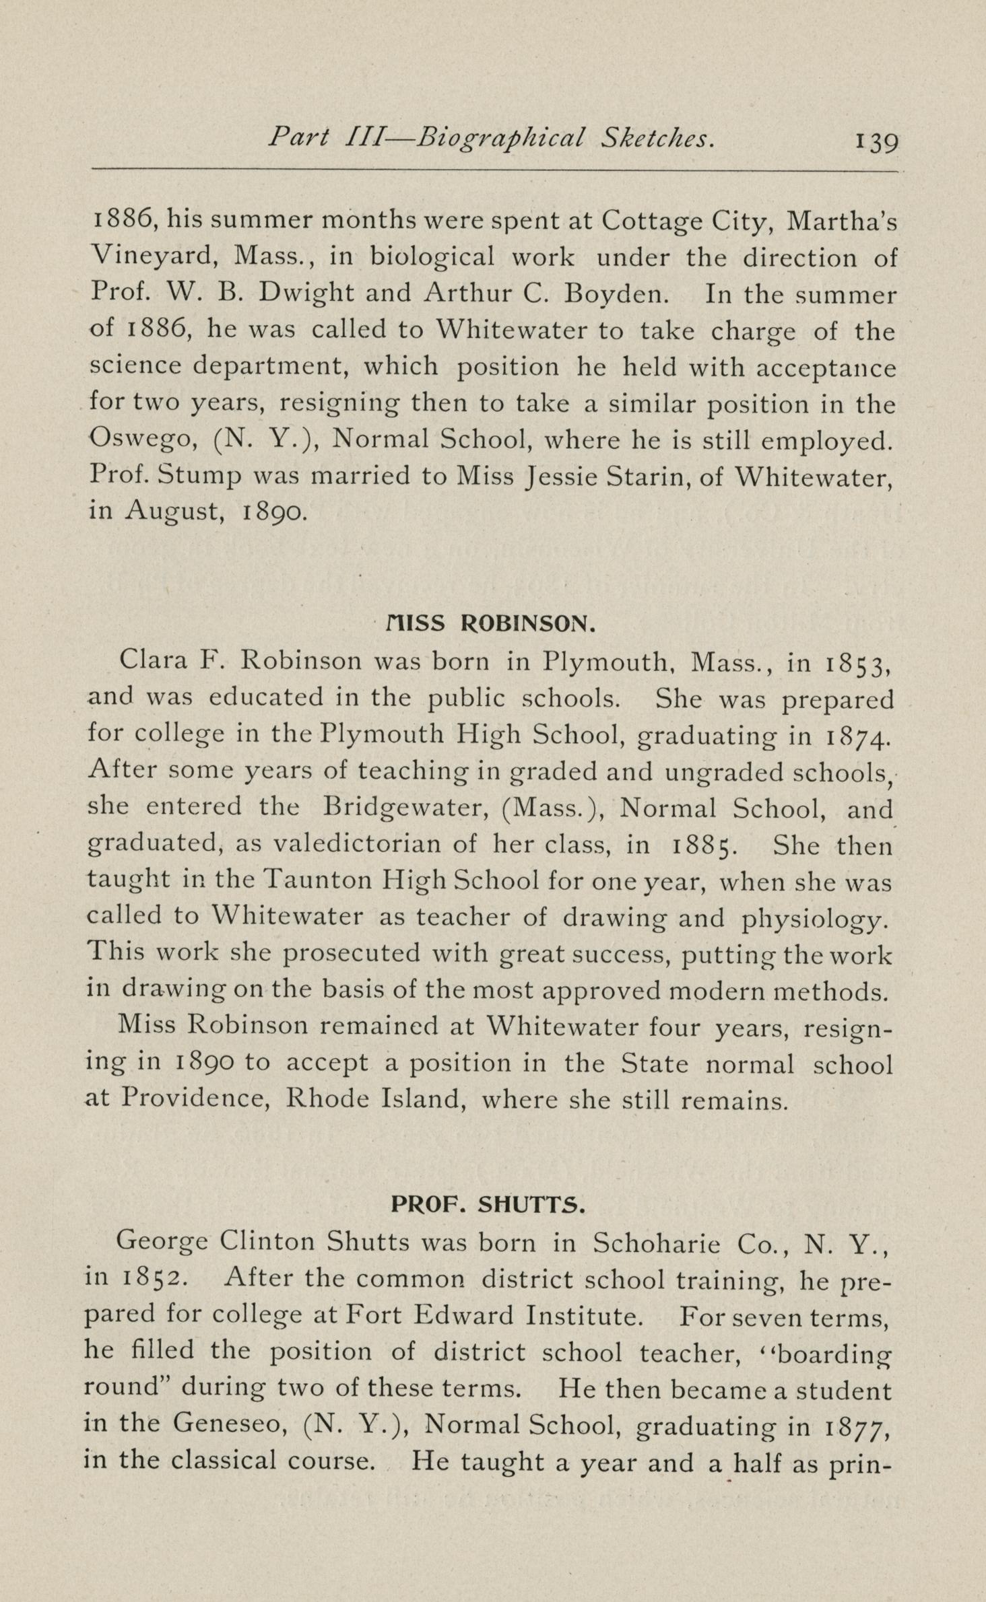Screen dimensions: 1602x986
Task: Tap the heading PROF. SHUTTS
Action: point(488,1205)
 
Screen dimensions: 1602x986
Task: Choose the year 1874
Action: point(857,735)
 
